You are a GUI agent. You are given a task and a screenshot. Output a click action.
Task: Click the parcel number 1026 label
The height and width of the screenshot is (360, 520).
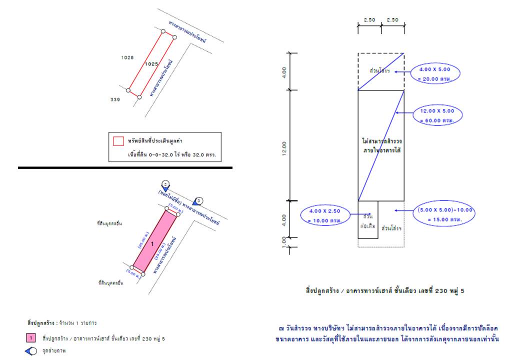(127, 57)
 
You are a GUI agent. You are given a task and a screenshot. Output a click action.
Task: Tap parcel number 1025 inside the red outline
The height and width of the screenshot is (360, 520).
(151, 64)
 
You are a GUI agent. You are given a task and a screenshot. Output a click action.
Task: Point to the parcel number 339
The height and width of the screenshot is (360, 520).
(115, 99)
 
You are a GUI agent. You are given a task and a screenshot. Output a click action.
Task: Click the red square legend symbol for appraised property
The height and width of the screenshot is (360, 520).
(118, 141)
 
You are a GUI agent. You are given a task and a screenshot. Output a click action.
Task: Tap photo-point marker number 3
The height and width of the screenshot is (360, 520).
(198, 201)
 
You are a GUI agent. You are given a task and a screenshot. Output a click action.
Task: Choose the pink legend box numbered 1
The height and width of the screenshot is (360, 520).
(30, 338)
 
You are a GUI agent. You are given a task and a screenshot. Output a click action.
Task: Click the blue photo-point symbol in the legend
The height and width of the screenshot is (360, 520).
(30, 351)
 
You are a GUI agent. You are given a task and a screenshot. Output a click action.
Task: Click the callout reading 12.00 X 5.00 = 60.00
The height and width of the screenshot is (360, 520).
(437, 116)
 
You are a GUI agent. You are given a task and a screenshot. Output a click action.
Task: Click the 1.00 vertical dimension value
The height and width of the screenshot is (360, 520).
(284, 242)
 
